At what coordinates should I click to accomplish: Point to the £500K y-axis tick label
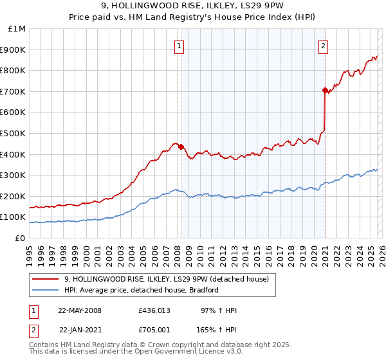tap(14, 134)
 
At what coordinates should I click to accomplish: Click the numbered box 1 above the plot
tap(178, 45)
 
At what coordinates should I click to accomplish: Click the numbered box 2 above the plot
tap(322, 45)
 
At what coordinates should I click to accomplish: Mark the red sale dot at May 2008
tap(181, 147)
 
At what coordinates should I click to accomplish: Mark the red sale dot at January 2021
tap(325, 90)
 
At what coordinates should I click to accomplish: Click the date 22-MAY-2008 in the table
tap(80, 310)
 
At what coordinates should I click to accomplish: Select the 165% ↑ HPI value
tap(217, 329)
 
